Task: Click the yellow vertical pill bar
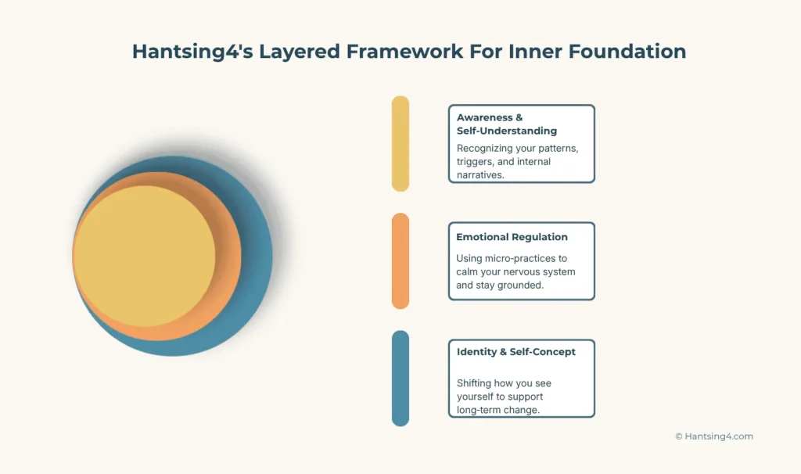pos(400,143)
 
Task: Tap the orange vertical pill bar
pos(400,260)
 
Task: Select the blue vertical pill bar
pos(400,378)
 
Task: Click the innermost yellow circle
pos(144,256)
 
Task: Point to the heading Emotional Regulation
pos(512,237)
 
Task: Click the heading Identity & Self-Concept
pos(515,352)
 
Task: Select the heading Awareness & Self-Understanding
pos(507,124)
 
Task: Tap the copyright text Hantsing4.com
pos(713,436)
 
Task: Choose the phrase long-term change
pos(498,410)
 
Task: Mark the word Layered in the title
pos(293,52)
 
